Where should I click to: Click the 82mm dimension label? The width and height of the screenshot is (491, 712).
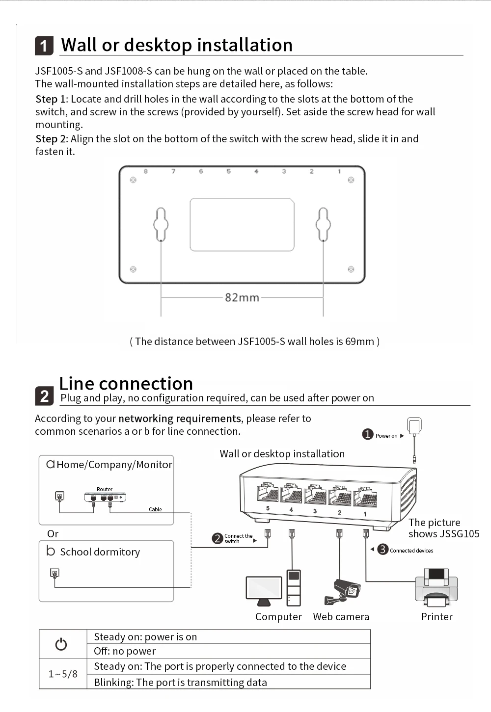[x=242, y=297]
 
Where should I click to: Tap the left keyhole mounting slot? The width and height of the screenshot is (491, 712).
[x=161, y=225]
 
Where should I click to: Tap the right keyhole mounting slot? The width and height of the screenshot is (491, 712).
[x=323, y=225]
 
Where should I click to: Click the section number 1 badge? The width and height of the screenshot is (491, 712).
[x=44, y=46]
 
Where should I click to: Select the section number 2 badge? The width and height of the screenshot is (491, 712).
[x=44, y=396]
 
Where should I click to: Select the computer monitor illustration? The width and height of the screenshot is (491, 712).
[x=264, y=590]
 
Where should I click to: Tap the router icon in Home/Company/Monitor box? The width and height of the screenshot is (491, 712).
[x=105, y=497]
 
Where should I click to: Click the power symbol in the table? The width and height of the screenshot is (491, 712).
[x=61, y=644]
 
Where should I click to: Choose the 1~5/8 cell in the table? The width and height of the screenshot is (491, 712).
[x=63, y=674]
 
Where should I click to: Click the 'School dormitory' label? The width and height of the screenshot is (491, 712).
[x=100, y=552]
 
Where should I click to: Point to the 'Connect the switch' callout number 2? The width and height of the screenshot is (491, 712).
[x=218, y=538]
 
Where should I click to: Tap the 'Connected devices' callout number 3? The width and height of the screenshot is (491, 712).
[x=383, y=550]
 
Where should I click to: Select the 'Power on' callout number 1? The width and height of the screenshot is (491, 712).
[x=368, y=434]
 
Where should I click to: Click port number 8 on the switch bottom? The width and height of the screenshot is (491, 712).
[x=146, y=171]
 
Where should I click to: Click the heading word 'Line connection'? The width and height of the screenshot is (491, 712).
[x=126, y=383]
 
